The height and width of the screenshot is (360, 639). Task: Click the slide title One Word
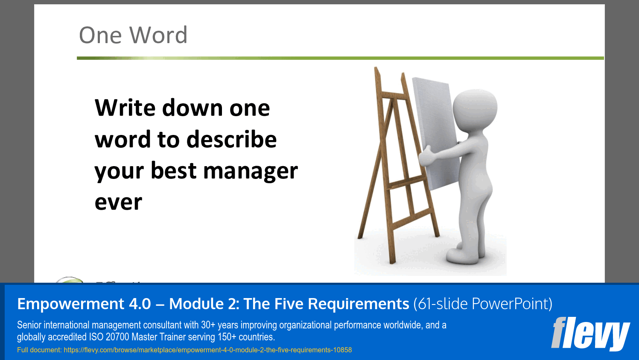click(x=133, y=35)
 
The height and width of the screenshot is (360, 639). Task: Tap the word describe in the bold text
click(x=231, y=140)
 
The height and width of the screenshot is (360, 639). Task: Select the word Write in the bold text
click(x=125, y=108)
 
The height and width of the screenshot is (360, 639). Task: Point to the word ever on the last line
click(x=118, y=202)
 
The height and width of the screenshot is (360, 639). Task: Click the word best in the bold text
click(x=173, y=171)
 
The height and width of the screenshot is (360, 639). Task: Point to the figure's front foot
click(x=461, y=257)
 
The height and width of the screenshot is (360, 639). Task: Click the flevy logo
click(x=590, y=333)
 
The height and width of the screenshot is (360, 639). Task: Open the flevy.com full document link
click(x=207, y=350)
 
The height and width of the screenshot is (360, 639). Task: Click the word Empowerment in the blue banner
click(x=84, y=304)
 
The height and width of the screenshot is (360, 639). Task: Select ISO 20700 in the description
click(x=109, y=337)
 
